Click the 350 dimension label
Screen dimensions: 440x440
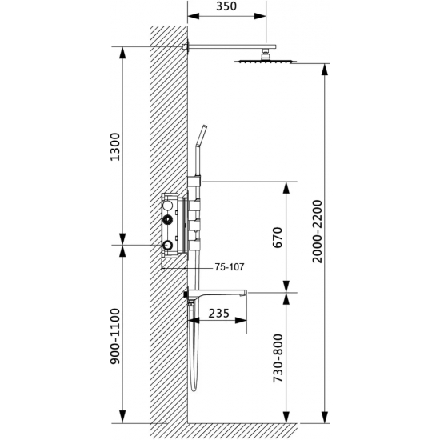pos(226,6)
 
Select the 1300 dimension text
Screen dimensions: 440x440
pos(115,146)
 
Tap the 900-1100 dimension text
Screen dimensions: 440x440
pos(115,336)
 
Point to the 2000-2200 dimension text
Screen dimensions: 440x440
pos(318,231)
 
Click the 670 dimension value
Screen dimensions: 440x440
pos(278,237)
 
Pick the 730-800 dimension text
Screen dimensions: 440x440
pos(278,358)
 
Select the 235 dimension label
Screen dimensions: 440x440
pos(219,313)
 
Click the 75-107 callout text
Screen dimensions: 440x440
pos(230,267)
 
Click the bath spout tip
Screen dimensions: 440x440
pos(246,293)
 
